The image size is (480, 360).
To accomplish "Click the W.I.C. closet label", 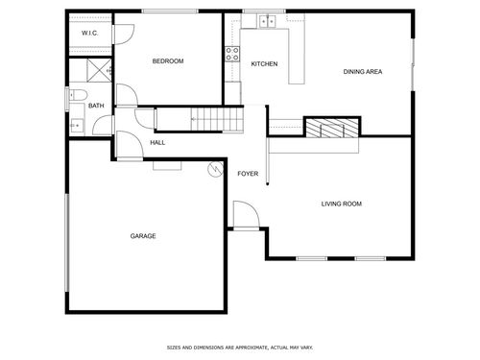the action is pos(89,33).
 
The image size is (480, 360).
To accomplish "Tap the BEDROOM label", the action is pos(168,61).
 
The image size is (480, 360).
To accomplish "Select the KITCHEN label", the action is pos(264,64).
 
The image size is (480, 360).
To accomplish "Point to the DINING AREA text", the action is pos(363,72).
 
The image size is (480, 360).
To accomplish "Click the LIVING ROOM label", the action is pos(342,204).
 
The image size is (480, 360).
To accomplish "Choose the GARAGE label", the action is pos(143,236).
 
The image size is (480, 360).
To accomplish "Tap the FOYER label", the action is pos(248,174).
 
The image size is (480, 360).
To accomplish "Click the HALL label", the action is pos(157,143).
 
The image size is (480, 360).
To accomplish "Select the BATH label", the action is pos(96,106).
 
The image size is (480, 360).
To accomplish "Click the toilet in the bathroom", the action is pos(79,95).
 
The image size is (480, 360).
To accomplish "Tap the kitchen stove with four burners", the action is pos(232,54).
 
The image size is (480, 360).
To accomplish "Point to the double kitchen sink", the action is pos(267,21).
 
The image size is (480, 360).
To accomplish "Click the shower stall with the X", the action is pos(99,70).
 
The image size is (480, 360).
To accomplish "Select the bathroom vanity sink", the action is pos(77,126).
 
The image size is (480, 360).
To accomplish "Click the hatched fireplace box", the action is pos(332,128).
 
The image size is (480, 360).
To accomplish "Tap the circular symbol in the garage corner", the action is pos(215,169).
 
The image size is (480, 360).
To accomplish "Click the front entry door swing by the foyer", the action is pos(246,214).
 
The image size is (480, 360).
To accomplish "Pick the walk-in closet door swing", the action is pos(124,35).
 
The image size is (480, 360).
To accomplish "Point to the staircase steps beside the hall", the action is pos(217,119).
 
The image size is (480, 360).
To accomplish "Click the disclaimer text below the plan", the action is pos(240,348).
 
